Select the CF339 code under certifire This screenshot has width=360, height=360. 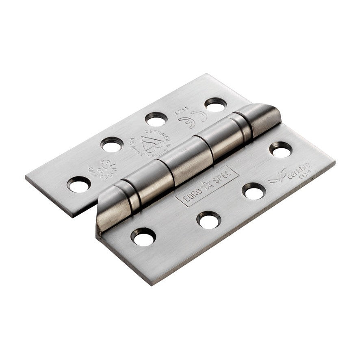(x=306, y=176)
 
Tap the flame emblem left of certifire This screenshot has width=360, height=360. (x=278, y=178)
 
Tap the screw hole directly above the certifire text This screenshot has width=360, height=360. (x=280, y=150)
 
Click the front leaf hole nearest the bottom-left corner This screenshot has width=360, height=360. (x=143, y=237)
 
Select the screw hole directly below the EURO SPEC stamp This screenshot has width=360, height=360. (x=209, y=220)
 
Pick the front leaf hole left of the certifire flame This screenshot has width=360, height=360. (x=254, y=191)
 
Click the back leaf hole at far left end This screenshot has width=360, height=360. (x=79, y=184)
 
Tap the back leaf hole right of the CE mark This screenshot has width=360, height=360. (x=215, y=105)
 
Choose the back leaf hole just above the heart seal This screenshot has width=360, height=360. (x=156, y=119)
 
